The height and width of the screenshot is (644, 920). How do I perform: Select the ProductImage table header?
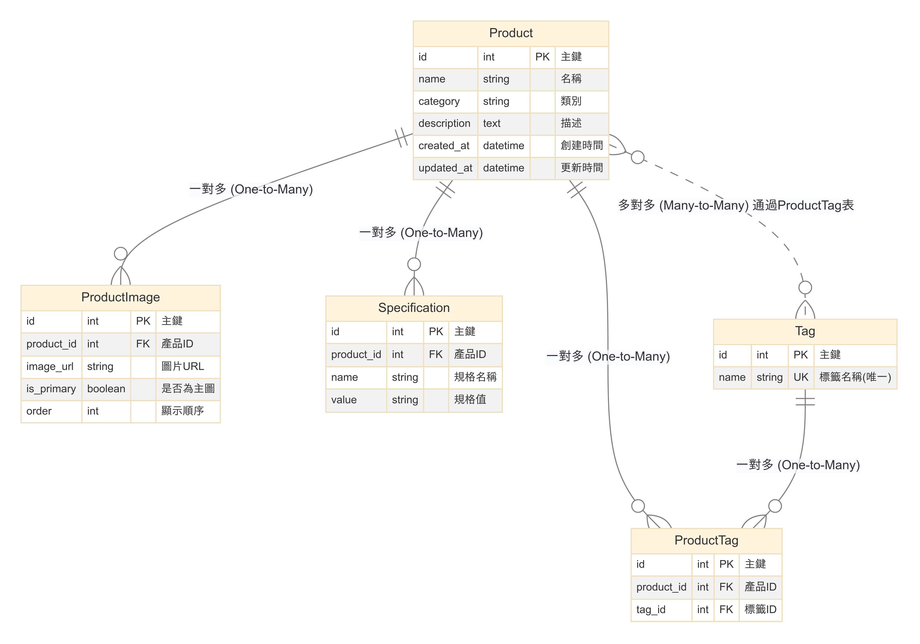pos(120,297)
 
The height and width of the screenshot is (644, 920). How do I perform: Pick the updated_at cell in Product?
pos(445,168)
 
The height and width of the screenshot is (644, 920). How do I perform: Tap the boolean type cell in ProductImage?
pos(106,389)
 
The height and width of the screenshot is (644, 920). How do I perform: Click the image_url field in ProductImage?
pos(50,367)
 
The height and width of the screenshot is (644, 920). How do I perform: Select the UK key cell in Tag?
pos(801,377)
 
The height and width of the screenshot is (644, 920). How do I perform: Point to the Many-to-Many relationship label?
pos(736,205)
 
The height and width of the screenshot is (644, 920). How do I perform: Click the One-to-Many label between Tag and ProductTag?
pos(798,465)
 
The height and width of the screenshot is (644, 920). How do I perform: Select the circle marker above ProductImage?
pos(121,253)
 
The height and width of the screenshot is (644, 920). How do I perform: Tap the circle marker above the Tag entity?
pos(805,287)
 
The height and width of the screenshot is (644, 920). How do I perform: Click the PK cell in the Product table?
pos(542,57)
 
